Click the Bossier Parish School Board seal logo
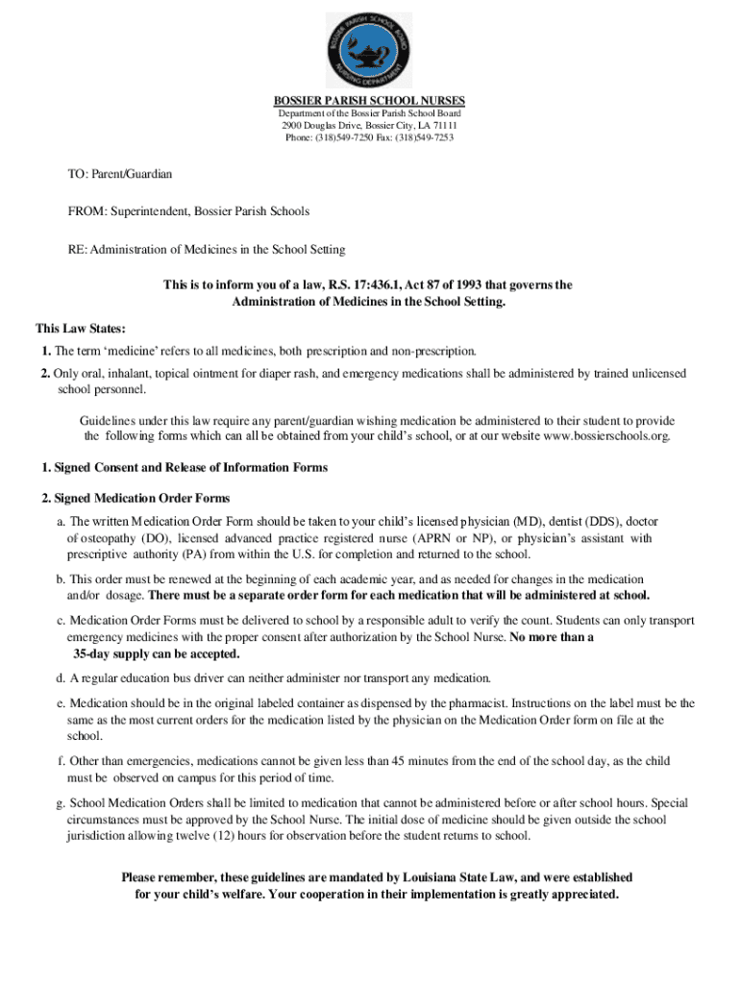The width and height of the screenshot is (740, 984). coord(369,50)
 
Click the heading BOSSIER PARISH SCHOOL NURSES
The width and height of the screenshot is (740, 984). coord(369,100)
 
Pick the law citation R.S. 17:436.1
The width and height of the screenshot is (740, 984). coord(347,285)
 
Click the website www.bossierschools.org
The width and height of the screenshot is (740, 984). coord(606,436)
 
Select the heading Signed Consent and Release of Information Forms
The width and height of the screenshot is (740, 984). coord(190,468)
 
